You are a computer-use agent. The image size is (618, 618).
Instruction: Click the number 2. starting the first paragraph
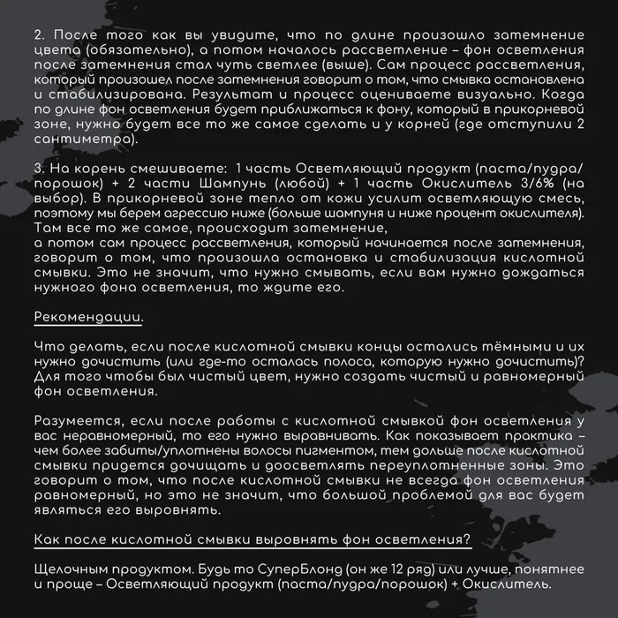pyautogui.click(x=39, y=34)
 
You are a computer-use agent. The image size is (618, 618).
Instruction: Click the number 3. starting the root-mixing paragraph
pyautogui.click(x=39, y=168)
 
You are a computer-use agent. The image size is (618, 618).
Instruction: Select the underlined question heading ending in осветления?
pyautogui.click(x=252, y=540)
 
